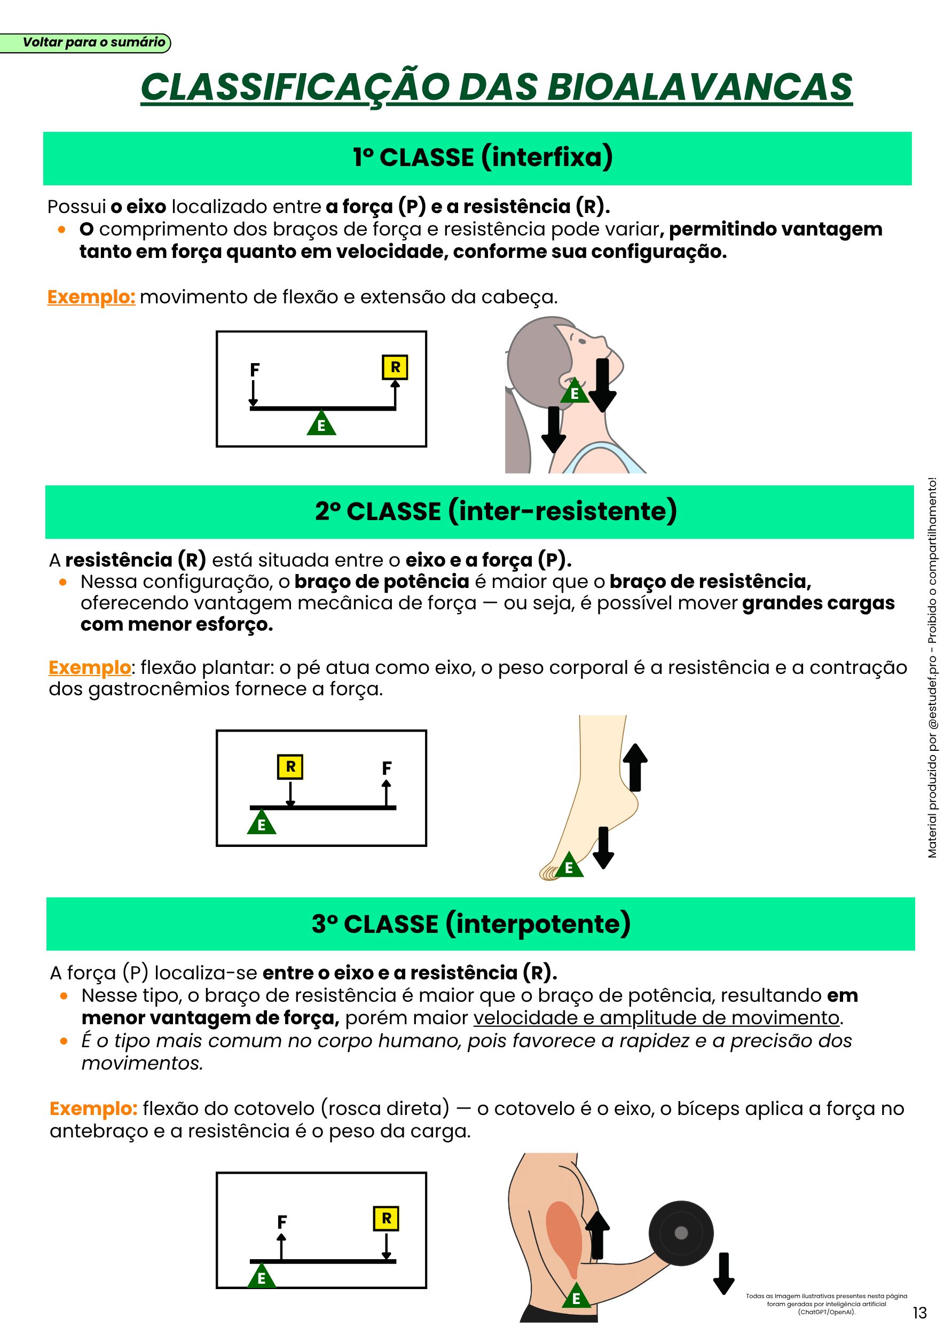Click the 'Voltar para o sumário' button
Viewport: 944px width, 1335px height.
(85, 42)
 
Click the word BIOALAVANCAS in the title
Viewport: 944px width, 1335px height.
(699, 87)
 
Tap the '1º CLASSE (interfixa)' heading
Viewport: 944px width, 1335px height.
(483, 158)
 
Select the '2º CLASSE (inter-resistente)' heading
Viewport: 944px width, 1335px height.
(496, 511)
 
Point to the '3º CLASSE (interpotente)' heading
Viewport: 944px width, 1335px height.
(471, 924)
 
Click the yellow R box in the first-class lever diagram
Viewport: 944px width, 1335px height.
(395, 367)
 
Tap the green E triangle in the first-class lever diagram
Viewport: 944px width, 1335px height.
(321, 423)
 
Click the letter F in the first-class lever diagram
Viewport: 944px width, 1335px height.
(255, 370)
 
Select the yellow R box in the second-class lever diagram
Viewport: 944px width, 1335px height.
(290, 766)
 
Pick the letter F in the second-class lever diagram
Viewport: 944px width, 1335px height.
(387, 768)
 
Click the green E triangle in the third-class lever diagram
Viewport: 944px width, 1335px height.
(262, 1275)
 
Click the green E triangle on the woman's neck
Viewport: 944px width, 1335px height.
(575, 391)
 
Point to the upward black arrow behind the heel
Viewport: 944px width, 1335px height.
(635, 767)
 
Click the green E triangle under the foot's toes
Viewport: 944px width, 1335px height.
(569, 865)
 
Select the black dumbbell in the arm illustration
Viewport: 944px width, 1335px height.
(681, 1233)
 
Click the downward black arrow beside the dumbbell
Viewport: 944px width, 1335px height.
(723, 1274)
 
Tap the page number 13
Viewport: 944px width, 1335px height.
(919, 1313)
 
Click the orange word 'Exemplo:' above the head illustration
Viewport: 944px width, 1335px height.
(91, 297)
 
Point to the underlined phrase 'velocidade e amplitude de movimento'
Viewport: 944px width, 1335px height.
(656, 1018)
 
